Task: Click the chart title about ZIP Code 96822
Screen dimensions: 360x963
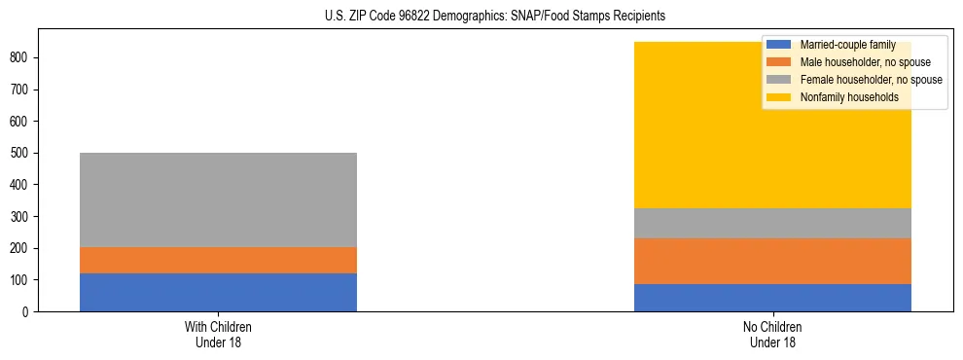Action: (495, 17)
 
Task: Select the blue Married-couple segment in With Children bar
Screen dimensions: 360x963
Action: (218, 292)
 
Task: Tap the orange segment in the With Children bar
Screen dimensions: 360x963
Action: (218, 260)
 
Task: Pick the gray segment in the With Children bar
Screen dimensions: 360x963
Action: (218, 199)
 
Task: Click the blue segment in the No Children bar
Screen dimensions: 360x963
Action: (772, 298)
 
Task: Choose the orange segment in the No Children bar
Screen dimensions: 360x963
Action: (772, 261)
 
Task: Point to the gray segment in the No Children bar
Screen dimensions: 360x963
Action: (772, 223)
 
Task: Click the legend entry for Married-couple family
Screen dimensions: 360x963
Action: (847, 45)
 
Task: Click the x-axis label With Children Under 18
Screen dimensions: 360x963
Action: (218, 334)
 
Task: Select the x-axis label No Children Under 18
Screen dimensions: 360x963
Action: (772, 334)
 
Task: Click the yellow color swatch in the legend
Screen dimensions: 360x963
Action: (779, 97)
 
